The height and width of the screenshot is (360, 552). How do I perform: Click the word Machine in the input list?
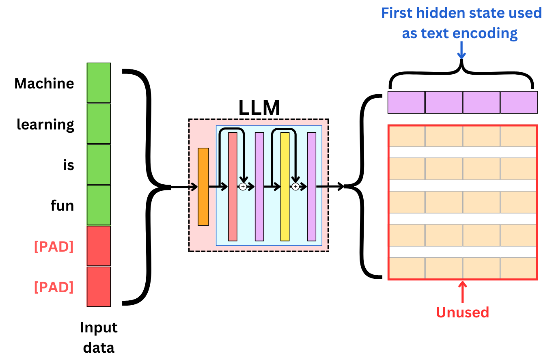click(44, 84)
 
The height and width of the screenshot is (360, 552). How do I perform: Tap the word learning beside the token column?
click(45, 125)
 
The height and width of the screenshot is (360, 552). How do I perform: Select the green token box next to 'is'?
click(99, 164)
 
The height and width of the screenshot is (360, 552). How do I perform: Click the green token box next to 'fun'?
click(99, 205)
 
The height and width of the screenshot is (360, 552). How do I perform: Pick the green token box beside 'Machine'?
click(99, 83)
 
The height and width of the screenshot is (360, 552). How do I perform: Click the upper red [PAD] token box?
click(99, 246)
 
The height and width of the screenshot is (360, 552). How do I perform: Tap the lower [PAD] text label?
click(54, 287)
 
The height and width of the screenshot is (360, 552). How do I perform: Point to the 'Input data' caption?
click(99, 337)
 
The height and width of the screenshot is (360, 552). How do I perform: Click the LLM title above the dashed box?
click(259, 108)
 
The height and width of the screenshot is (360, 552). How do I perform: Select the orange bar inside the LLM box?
click(203, 187)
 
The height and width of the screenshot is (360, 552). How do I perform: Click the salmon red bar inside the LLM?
click(233, 187)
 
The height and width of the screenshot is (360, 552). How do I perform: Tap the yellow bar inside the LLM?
click(285, 187)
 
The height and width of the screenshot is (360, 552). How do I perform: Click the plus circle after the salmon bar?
click(243, 187)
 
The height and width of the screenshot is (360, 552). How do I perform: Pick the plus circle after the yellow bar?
click(295, 187)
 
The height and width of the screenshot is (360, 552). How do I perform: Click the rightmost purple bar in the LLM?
click(311, 187)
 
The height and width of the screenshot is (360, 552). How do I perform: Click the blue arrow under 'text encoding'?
click(461, 51)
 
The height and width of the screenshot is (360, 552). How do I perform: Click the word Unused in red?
click(462, 312)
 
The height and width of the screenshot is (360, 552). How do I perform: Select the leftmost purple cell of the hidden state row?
click(406, 102)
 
